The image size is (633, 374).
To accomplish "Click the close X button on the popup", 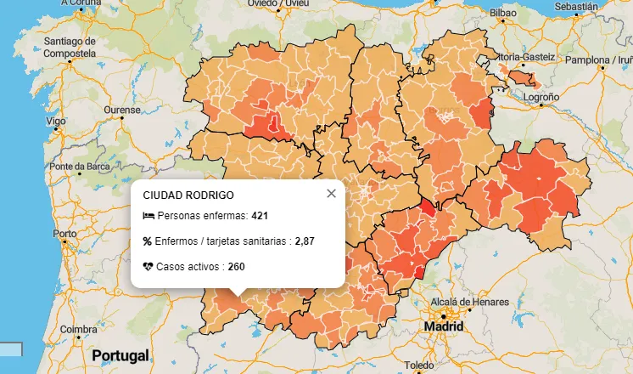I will [x=331, y=193].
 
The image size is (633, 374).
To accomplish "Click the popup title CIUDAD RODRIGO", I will [x=188, y=195].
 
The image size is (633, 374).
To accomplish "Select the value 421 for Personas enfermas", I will [x=260, y=216].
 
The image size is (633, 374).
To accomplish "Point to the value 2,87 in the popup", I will [x=305, y=241].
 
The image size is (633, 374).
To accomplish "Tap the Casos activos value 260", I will [x=237, y=267].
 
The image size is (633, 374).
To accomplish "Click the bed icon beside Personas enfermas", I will [x=148, y=216].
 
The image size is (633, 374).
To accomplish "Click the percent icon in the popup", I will [x=148, y=241].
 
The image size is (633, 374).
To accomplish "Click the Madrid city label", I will [x=445, y=326].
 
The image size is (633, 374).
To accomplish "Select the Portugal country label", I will [x=120, y=354].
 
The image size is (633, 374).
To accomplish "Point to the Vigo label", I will [x=57, y=122].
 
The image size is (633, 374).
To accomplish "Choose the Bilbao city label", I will [x=502, y=14].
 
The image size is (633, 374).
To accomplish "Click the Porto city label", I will [x=64, y=233].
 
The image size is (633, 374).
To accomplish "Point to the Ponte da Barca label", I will [x=79, y=167].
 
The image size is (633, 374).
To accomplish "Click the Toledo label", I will [x=420, y=365].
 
